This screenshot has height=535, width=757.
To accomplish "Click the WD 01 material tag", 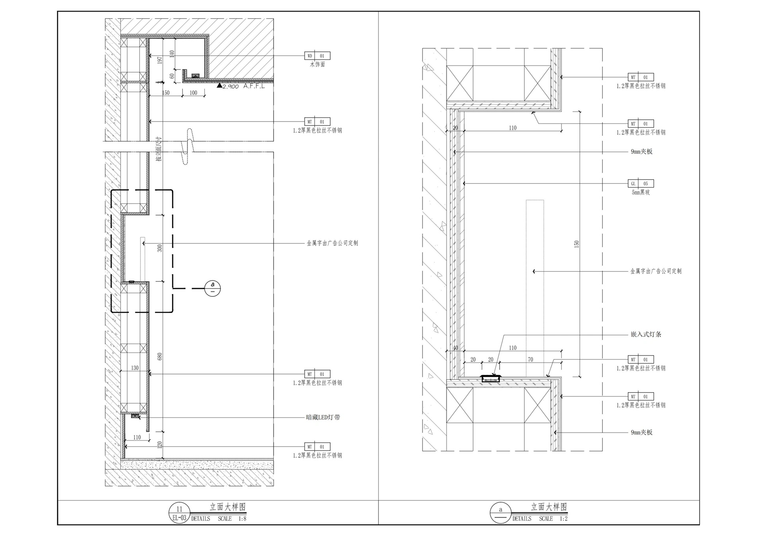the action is click(x=317, y=56).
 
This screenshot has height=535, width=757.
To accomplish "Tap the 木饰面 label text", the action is click(x=317, y=64).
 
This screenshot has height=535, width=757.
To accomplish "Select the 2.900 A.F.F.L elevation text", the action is click(x=243, y=86).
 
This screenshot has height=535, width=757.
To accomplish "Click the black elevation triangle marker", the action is click(x=220, y=85).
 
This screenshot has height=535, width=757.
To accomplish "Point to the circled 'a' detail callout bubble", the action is click(x=213, y=288).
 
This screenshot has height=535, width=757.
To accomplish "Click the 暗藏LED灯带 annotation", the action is click(x=323, y=417).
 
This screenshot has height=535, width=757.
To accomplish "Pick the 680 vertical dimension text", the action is click(x=160, y=357).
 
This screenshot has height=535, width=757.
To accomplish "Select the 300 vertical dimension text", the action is click(x=160, y=248).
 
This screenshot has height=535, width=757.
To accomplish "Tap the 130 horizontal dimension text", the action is click(x=135, y=368).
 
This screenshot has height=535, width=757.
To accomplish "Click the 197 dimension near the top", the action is click(x=160, y=60).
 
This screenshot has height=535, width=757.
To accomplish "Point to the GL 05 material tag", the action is click(x=641, y=183).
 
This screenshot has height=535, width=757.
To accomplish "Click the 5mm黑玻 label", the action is click(x=641, y=192).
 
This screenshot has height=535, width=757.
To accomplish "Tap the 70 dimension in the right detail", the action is click(x=530, y=359).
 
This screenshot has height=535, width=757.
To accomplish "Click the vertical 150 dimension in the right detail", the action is click(x=576, y=244).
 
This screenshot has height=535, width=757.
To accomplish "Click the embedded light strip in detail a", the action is click(x=491, y=379).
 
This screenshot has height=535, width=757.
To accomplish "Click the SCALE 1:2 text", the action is click(x=553, y=518).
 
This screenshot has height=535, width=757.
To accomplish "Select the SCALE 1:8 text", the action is click(x=232, y=518).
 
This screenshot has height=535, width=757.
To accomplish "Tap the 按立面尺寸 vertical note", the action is click(x=159, y=149).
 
